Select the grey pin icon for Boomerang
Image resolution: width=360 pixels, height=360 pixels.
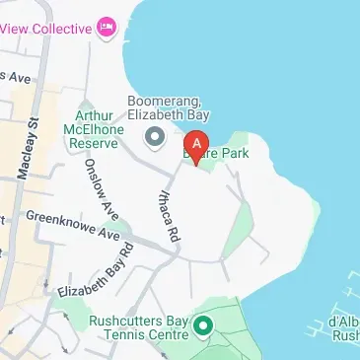click(154, 136)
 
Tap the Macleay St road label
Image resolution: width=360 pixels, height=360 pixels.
click(27, 148)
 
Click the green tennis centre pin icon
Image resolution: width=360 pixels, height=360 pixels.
click(204, 324)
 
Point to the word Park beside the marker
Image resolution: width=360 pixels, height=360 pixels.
click(234, 153)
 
